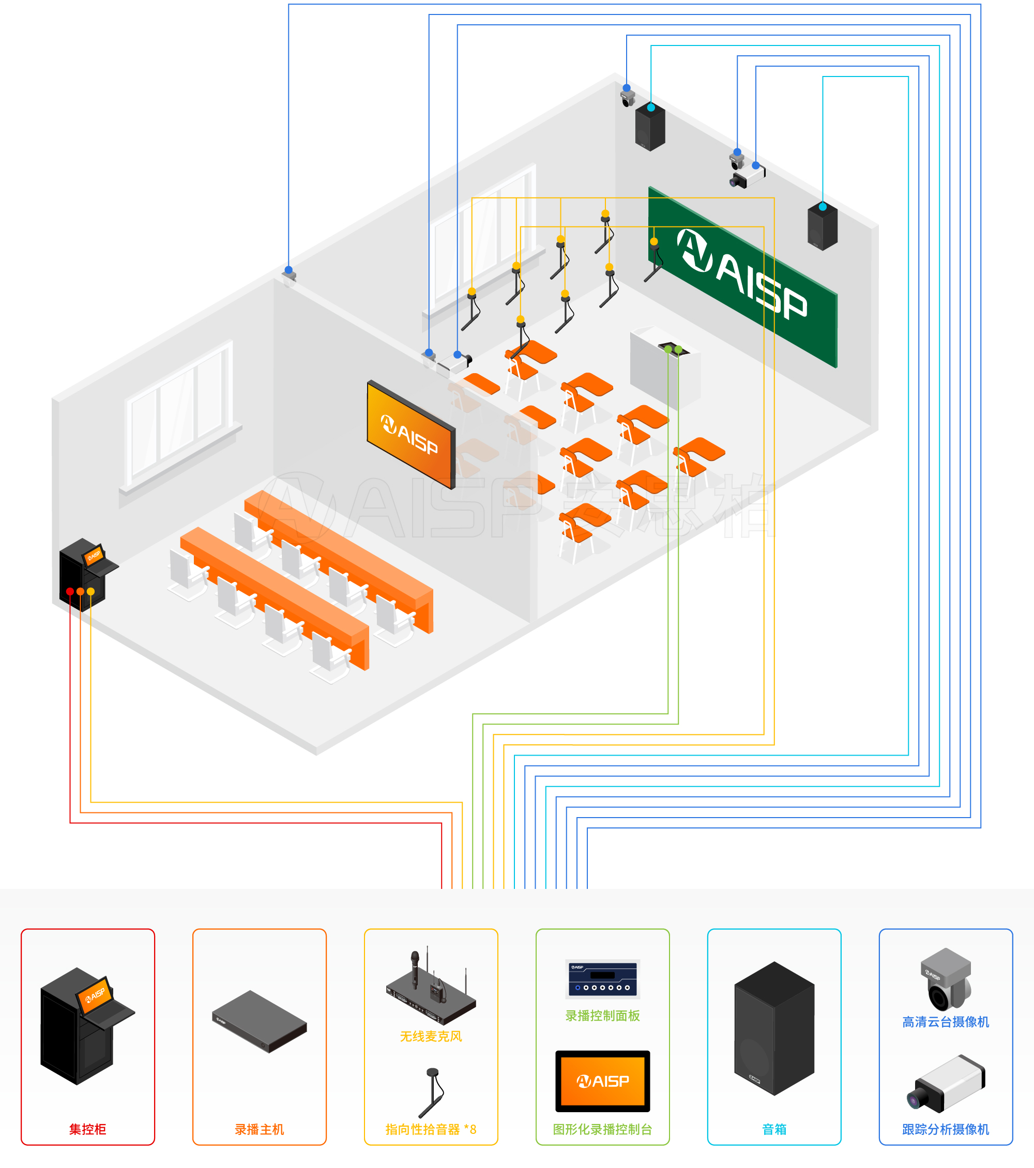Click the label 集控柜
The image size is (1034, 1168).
tap(87, 1129)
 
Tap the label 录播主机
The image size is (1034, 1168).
tap(259, 1129)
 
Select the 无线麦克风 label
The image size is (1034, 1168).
tap(431, 1036)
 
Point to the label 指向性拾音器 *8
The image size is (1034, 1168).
tap(431, 1129)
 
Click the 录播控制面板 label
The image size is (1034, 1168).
tap(602, 1016)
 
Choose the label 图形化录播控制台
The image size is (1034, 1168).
tap(602, 1129)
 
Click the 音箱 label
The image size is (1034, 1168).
tap(774, 1129)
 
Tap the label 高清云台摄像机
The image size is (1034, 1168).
tap(946, 1022)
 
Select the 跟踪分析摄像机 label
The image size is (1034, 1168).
tap(946, 1129)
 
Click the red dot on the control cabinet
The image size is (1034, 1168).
tap(70, 591)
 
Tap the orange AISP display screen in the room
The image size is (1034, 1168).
tap(410, 434)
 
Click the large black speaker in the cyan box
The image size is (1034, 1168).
tap(774, 1028)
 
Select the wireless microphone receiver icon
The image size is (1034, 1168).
tap(431, 991)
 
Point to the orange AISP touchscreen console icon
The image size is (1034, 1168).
tap(602, 1081)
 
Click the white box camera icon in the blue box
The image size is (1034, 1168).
tap(946, 1084)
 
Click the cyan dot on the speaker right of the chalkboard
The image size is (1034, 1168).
tap(823, 207)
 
